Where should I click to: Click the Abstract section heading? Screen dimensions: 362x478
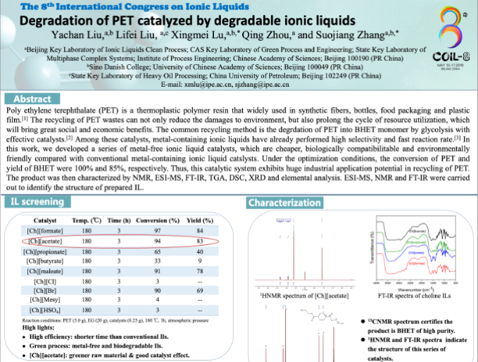(32, 99)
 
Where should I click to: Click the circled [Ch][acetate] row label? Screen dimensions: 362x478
(46, 241)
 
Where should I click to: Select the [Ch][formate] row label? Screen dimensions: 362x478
(46, 231)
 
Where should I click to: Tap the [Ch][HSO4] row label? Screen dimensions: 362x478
(46, 310)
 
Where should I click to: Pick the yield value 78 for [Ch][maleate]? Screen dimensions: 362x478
(200, 270)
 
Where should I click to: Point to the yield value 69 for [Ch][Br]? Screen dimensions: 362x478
(200, 290)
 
